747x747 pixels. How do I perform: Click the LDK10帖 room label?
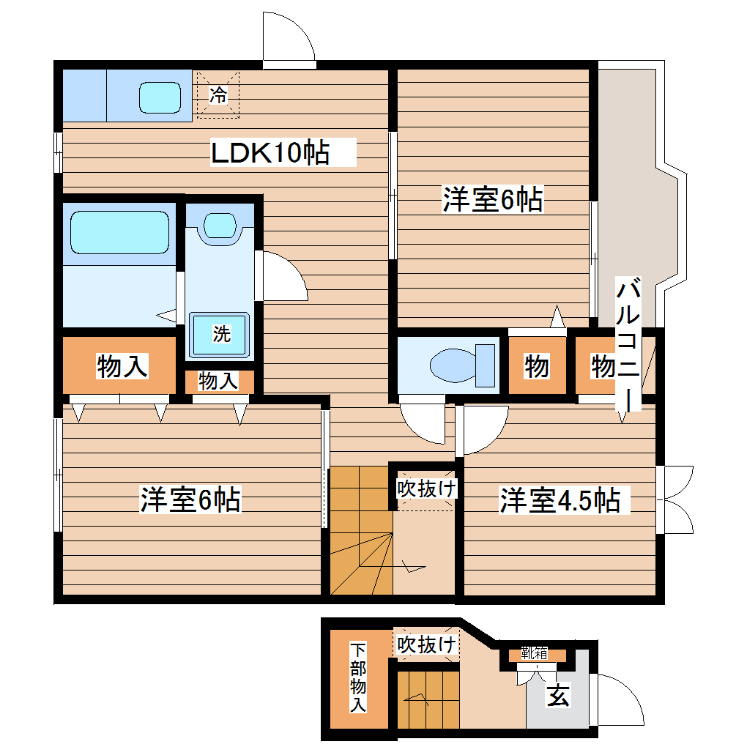click(x=270, y=152)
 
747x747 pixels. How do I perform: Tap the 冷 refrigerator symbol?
click(x=218, y=94)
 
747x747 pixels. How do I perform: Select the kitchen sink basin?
click(x=160, y=96)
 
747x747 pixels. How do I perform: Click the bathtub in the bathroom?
click(x=119, y=231)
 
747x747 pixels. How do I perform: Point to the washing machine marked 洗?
click(x=220, y=335)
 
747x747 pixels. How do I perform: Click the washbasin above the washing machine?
click(x=219, y=224)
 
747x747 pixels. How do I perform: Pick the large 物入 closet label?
click(x=122, y=366)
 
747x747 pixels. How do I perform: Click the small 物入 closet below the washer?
click(x=218, y=381)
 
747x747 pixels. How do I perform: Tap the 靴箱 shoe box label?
click(x=534, y=653)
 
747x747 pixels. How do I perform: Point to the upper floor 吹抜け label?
click(x=427, y=488)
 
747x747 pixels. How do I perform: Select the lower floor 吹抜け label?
click(x=427, y=644)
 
